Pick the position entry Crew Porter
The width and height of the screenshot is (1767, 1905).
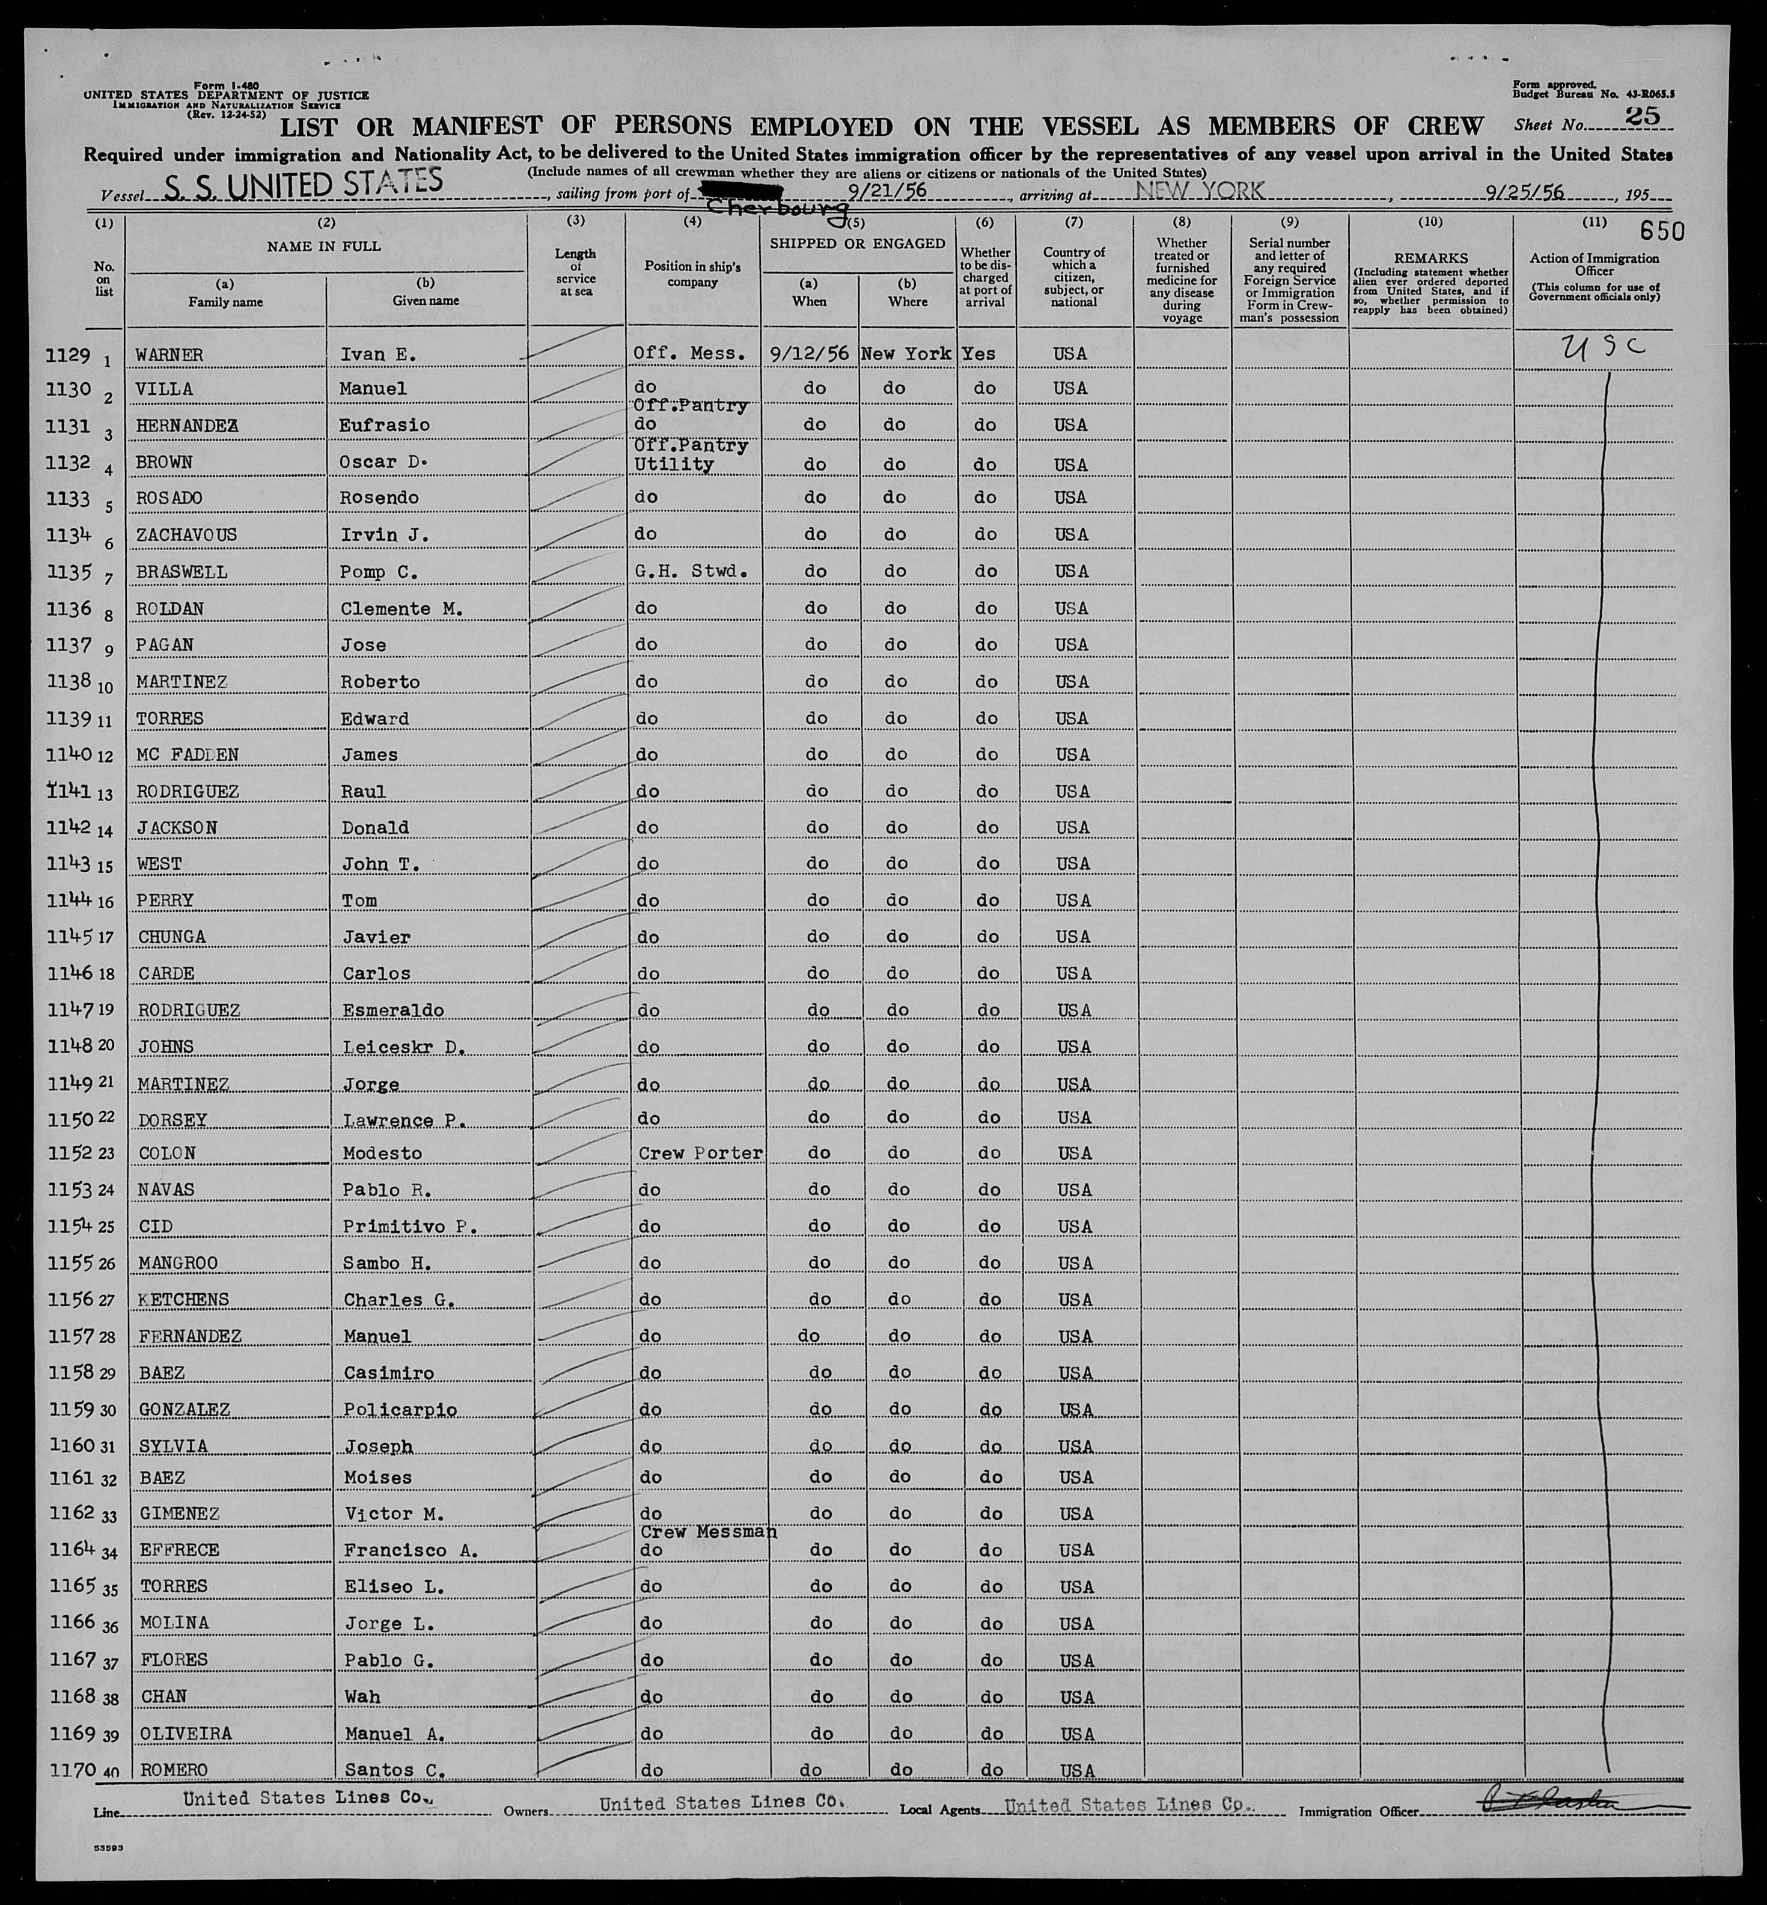700,1154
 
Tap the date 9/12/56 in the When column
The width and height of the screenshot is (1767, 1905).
809,353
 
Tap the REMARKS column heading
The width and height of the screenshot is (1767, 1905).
1430,258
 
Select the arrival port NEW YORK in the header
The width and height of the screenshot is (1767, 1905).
1199,191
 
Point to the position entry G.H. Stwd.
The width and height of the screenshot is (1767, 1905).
688,572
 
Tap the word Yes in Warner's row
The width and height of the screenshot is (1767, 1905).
979,353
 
